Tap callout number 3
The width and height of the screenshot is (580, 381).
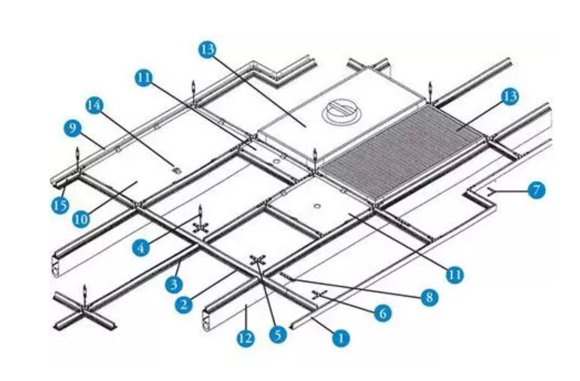click(173, 285)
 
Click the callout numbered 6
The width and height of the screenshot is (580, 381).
click(383, 313)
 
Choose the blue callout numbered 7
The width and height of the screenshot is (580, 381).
click(536, 190)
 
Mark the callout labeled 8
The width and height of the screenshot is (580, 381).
click(429, 297)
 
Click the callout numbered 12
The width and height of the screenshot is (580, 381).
click(246, 338)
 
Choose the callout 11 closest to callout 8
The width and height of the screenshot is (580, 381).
click(455, 273)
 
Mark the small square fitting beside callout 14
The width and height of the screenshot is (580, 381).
click(175, 170)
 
